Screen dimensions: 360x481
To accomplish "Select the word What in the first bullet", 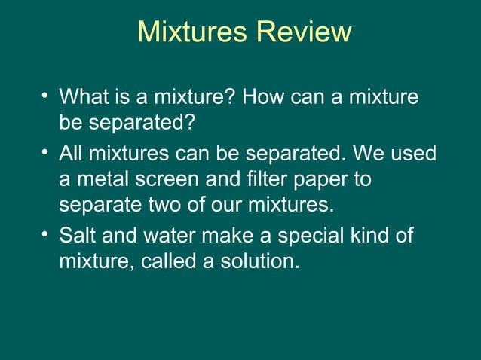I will (84, 97).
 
